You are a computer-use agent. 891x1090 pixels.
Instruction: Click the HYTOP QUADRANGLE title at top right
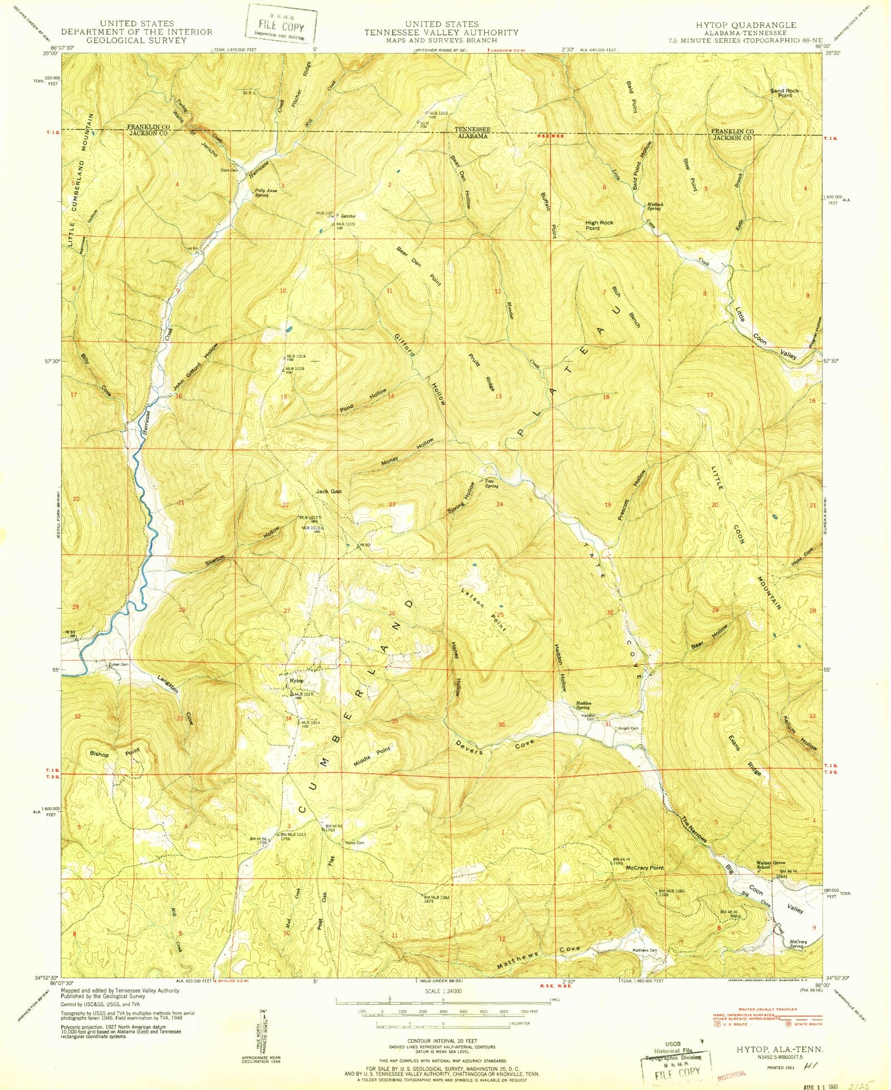pyautogui.click(x=746, y=25)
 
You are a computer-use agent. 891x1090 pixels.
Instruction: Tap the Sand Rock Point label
pyautogui.click(x=784, y=93)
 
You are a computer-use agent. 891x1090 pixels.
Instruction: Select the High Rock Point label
pyautogui.click(x=599, y=225)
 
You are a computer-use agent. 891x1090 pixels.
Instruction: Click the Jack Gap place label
pyautogui.click(x=329, y=492)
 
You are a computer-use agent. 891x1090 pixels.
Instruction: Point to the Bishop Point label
pyautogui.click(x=115, y=753)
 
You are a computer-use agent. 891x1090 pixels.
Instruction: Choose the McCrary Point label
pyautogui.click(x=645, y=868)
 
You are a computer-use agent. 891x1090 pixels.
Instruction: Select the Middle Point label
pyautogui.click(x=373, y=757)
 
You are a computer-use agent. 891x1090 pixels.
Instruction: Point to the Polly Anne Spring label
pyautogui.click(x=266, y=193)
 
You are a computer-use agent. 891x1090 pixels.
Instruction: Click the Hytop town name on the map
pyautogui.click(x=296, y=681)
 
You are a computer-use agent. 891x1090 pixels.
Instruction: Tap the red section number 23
pyautogui.click(x=392, y=504)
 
